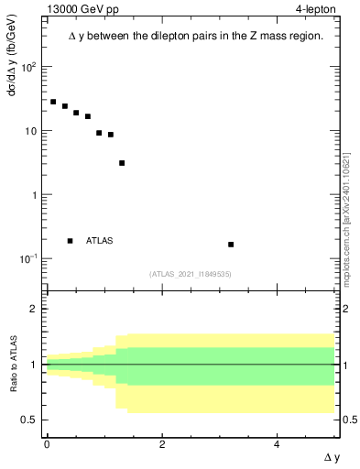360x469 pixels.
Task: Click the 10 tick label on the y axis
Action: click(30, 131)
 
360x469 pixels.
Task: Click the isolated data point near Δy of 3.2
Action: click(231, 245)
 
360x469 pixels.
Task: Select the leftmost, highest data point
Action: click(53, 102)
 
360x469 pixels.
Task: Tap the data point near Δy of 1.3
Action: click(122, 163)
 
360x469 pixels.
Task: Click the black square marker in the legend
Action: click(71, 241)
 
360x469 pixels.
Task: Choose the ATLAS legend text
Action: click(100, 241)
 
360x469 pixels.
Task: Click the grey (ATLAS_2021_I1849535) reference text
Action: click(191, 273)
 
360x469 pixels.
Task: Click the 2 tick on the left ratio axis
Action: click(34, 309)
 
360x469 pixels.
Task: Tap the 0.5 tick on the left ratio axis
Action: click(30, 420)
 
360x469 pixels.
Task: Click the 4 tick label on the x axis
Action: click(278, 444)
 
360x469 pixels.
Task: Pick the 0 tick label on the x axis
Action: click(47, 444)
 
